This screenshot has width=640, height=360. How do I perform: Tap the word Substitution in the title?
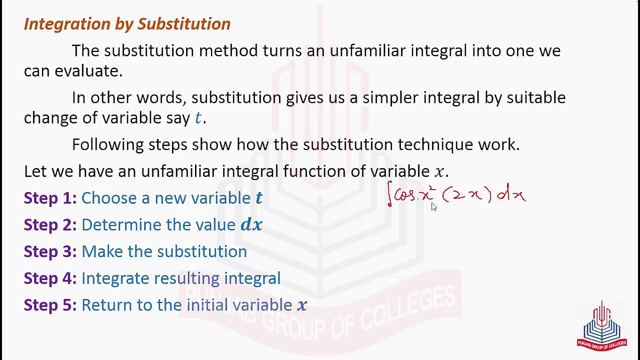click(x=183, y=24)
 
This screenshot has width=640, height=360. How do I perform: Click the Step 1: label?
click(x=50, y=198)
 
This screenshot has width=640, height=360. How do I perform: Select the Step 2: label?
click(x=50, y=225)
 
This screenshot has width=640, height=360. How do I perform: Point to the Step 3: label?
click(x=50, y=251)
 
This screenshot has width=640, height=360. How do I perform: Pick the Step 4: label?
click(x=50, y=278)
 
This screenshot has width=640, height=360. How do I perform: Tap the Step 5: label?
click(x=50, y=305)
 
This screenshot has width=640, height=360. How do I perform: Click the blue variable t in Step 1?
click(x=259, y=198)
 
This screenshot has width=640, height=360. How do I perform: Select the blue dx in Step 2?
click(x=251, y=225)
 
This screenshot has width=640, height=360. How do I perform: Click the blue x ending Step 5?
click(x=302, y=305)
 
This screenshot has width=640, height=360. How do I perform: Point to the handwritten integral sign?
click(x=389, y=195)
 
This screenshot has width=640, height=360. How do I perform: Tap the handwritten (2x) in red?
click(x=467, y=194)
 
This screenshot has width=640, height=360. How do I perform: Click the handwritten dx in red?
click(x=511, y=193)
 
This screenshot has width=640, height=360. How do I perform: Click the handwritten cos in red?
click(x=404, y=195)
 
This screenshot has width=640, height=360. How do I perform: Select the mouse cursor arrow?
click(x=433, y=207)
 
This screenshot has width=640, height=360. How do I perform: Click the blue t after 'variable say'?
click(x=198, y=118)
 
